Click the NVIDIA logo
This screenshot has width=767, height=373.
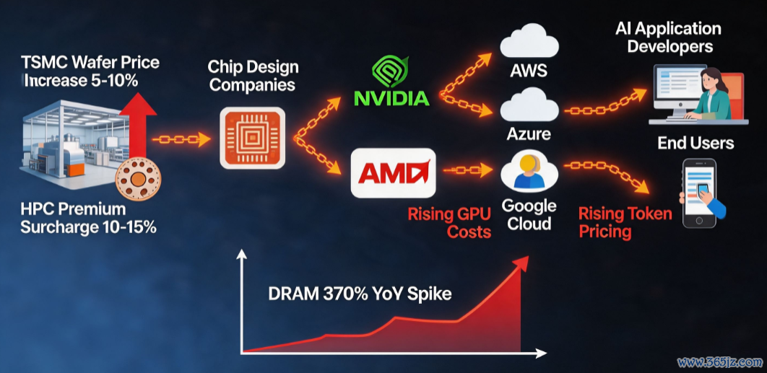point(391,81)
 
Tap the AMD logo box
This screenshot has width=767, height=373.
point(394,173)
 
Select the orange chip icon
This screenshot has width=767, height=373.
point(252,139)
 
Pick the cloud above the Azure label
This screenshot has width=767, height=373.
point(529,107)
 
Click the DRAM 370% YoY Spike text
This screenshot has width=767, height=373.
point(360,294)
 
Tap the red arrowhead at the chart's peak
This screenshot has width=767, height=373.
point(521,263)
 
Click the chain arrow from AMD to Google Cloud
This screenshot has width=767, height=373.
point(467,170)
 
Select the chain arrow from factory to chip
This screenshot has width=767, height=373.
point(181,140)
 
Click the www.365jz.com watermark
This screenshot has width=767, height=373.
point(719,363)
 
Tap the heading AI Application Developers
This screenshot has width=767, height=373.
point(669,38)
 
